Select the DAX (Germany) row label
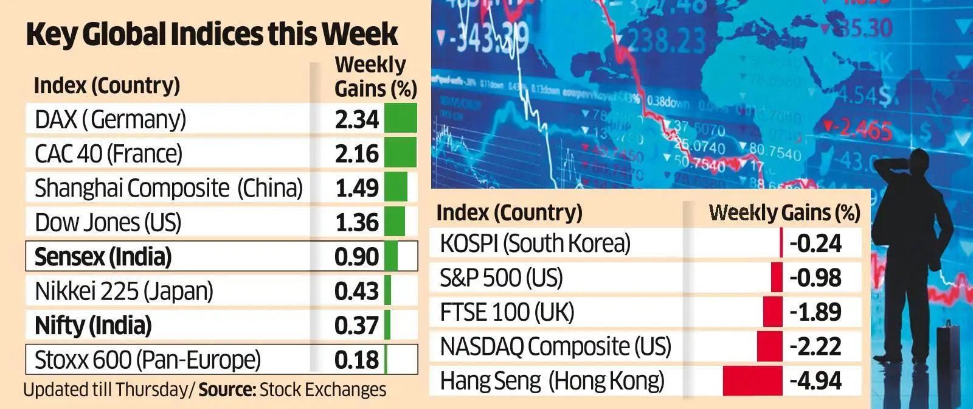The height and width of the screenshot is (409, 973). (110, 119)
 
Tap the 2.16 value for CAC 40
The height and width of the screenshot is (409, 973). (356, 153)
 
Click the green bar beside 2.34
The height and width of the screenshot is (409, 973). (400, 118)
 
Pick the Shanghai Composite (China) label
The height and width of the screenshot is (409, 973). (168, 188)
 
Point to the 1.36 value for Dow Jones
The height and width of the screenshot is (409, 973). (356, 222)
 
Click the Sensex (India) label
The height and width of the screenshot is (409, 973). (103, 257)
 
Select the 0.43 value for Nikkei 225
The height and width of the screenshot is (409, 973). (356, 291)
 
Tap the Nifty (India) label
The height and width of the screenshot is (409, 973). (93, 326)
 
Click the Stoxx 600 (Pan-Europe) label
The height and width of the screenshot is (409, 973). (148, 360)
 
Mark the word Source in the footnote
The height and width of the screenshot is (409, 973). (227, 390)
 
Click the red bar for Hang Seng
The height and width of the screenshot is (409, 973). (752, 381)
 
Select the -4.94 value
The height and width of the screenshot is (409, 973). (815, 381)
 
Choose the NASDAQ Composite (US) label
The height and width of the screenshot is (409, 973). (555, 347)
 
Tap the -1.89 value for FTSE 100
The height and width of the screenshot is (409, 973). (815, 312)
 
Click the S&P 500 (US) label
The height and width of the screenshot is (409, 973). (501, 278)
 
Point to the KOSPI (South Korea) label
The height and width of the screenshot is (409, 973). (535, 243)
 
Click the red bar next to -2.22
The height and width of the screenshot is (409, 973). (769, 346)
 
